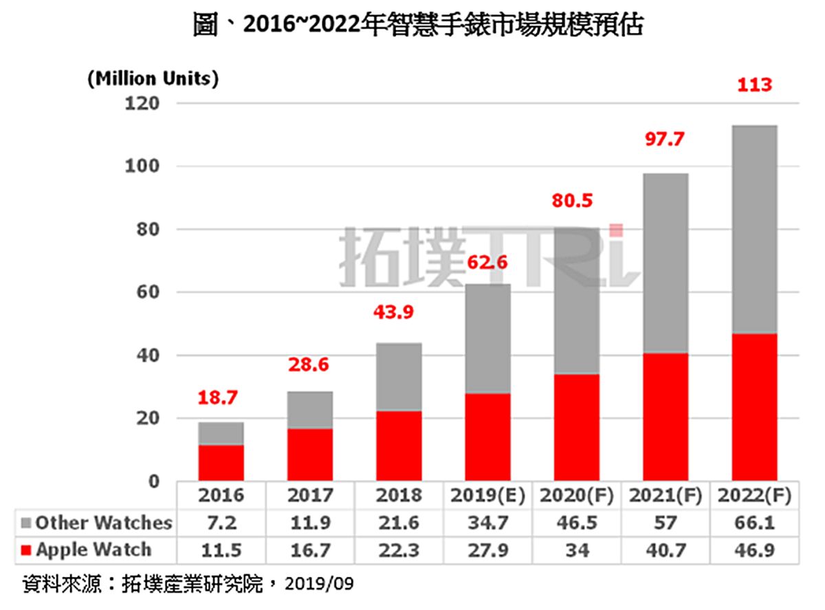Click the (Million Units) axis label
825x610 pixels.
tap(153, 78)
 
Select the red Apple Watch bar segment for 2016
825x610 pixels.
tap(221, 462)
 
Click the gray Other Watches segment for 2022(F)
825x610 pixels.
tap(754, 229)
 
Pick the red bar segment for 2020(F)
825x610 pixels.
tap(576, 426)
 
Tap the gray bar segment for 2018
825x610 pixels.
tap(399, 376)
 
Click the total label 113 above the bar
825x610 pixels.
tap(754, 85)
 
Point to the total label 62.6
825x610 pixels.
tap(487, 262)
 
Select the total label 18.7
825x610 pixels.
tap(221, 398)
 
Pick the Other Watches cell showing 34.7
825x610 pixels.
tap(488, 523)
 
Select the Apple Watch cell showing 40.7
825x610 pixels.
tap(665, 550)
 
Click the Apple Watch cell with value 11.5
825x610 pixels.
tap(221, 550)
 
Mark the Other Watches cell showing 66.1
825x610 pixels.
tap(754, 523)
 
